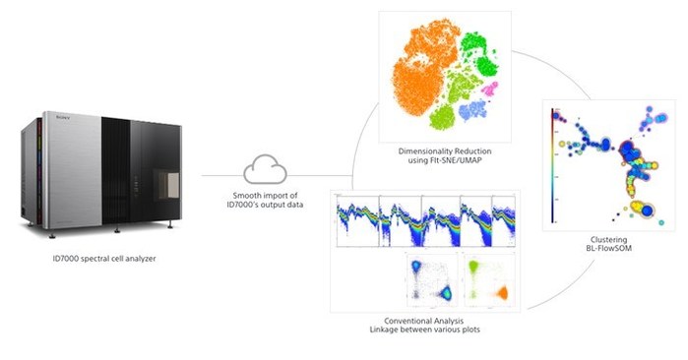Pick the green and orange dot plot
[486, 279]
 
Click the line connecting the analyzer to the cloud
[221, 177]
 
